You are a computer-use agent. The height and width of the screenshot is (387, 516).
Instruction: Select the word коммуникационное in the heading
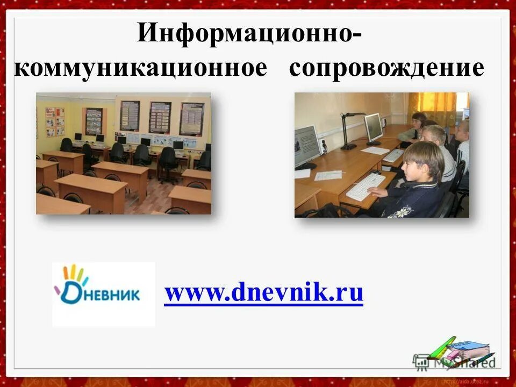click(x=140, y=69)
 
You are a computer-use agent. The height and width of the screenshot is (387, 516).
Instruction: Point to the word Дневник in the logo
click(x=102, y=295)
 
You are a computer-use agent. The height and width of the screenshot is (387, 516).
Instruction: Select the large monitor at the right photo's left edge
click(x=306, y=145)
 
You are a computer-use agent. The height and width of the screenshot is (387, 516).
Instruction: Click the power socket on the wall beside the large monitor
click(x=324, y=144)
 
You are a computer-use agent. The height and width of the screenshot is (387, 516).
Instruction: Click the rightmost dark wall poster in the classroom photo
click(x=192, y=119)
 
